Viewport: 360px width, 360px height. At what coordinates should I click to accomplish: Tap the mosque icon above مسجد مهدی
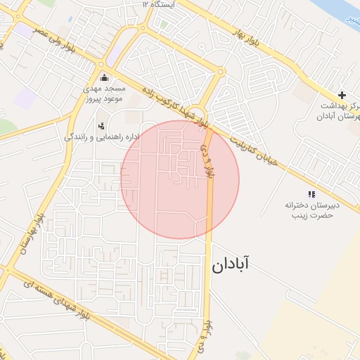(105, 77)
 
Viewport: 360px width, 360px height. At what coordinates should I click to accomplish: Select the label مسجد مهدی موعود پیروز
(105, 94)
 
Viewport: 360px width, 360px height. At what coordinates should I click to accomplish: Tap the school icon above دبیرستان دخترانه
(311, 194)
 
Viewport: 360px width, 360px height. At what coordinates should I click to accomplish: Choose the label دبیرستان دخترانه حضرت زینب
(311, 210)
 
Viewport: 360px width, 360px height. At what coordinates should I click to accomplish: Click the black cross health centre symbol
(342, 95)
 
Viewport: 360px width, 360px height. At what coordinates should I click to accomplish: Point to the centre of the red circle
(180, 180)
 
